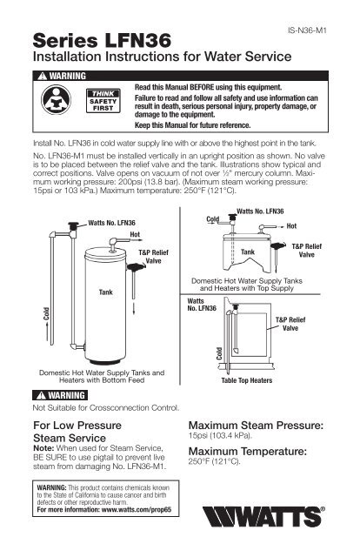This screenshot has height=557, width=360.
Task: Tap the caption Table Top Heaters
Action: (252, 380)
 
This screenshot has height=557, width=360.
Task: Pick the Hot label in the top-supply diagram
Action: (291, 225)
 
